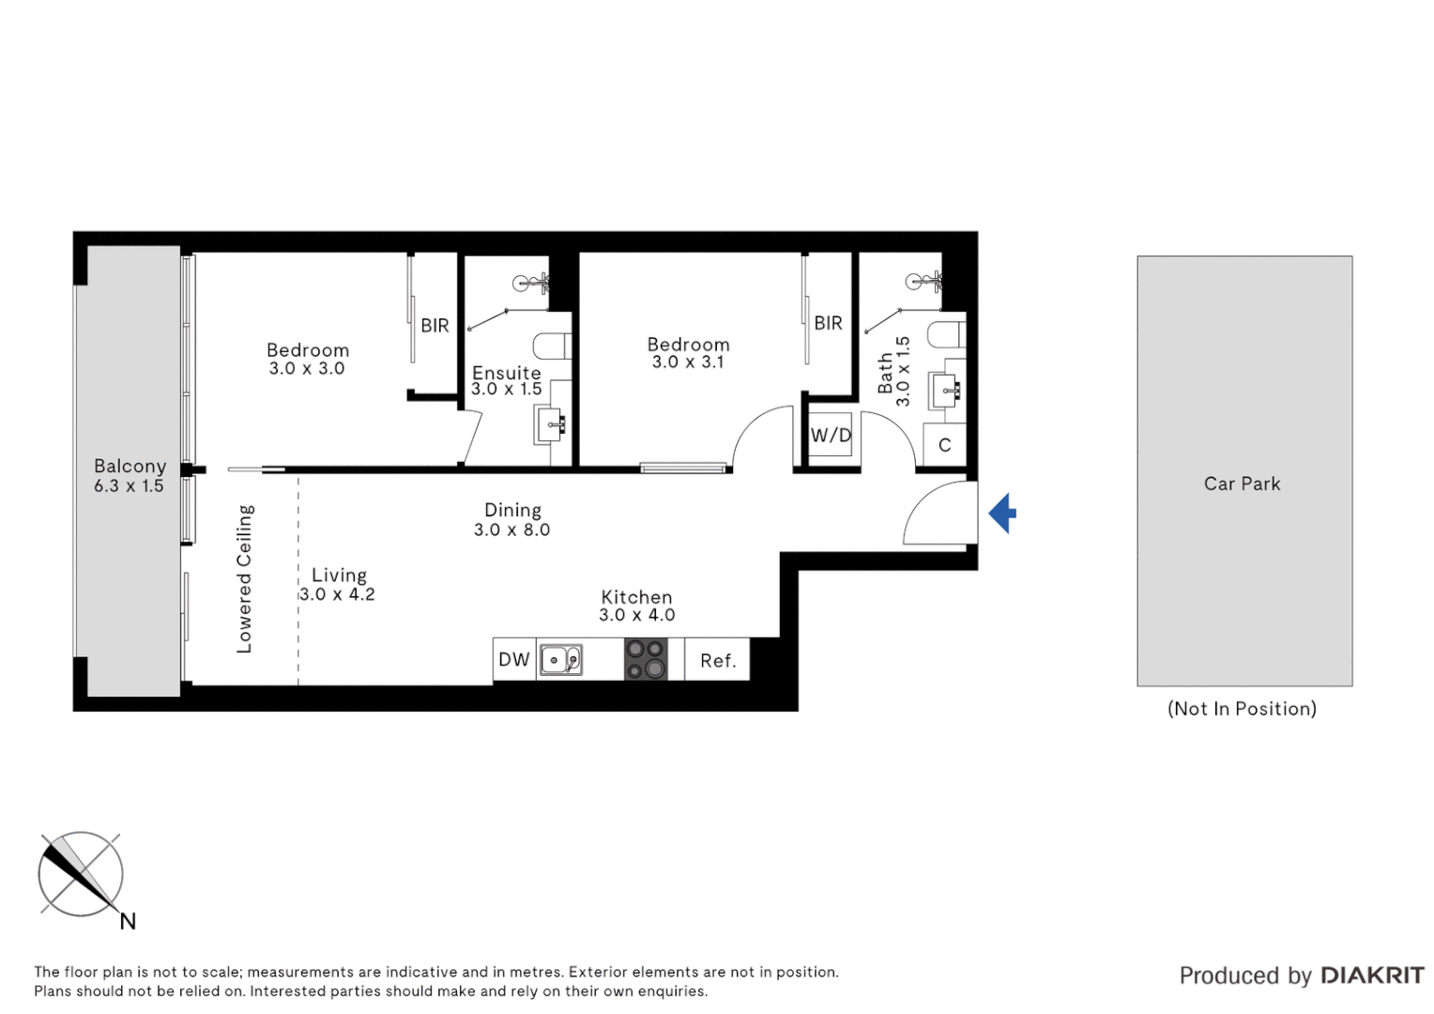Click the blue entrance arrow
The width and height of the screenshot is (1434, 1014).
1003,514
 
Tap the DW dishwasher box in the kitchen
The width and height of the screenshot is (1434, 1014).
514,660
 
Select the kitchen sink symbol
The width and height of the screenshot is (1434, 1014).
561,660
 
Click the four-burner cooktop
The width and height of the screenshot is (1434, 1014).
646,659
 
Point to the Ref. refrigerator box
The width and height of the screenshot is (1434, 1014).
717,661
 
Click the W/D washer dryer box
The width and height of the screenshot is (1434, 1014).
831,436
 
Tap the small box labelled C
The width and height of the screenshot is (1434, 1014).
945,445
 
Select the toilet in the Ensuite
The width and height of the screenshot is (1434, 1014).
552,346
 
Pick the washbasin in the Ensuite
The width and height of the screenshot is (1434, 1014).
550,424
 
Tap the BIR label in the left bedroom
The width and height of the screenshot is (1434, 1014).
435,326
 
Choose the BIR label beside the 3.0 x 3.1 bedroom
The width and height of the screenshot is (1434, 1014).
828,323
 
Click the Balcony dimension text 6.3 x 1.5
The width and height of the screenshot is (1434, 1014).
129,486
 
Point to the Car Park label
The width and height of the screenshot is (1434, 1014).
1242,484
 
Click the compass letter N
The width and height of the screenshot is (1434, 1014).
128,922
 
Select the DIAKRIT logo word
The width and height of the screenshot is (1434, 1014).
1372,976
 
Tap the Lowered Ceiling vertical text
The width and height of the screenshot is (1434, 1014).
244,578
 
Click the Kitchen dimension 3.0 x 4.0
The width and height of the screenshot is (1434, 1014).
637,615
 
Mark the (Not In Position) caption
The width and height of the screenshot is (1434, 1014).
1242,709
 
